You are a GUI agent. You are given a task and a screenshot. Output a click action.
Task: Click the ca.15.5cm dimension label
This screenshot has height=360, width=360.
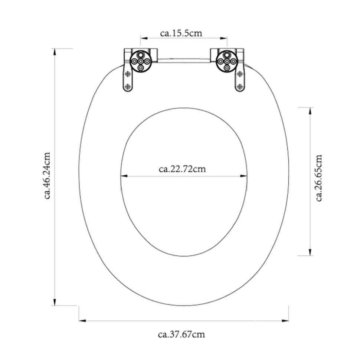(181, 33)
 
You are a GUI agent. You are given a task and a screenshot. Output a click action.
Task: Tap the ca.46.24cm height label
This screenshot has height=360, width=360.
(47, 176)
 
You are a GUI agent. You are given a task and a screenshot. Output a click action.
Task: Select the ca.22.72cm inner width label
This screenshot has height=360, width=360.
(182, 169)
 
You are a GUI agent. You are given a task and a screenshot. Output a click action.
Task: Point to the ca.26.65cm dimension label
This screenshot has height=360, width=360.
(319, 178)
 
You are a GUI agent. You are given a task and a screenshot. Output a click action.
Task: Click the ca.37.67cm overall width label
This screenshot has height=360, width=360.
(181, 334)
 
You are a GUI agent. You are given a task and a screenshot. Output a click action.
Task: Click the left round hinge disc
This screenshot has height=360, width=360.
(141, 61)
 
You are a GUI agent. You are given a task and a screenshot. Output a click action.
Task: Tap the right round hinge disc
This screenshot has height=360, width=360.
(227, 61)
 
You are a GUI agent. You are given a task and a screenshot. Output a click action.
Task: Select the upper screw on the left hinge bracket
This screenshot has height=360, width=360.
(128, 74)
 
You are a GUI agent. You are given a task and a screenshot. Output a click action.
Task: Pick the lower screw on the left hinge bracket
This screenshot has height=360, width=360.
(128, 87)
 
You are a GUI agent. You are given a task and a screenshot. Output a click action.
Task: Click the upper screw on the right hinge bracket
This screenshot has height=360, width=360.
(240, 74)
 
